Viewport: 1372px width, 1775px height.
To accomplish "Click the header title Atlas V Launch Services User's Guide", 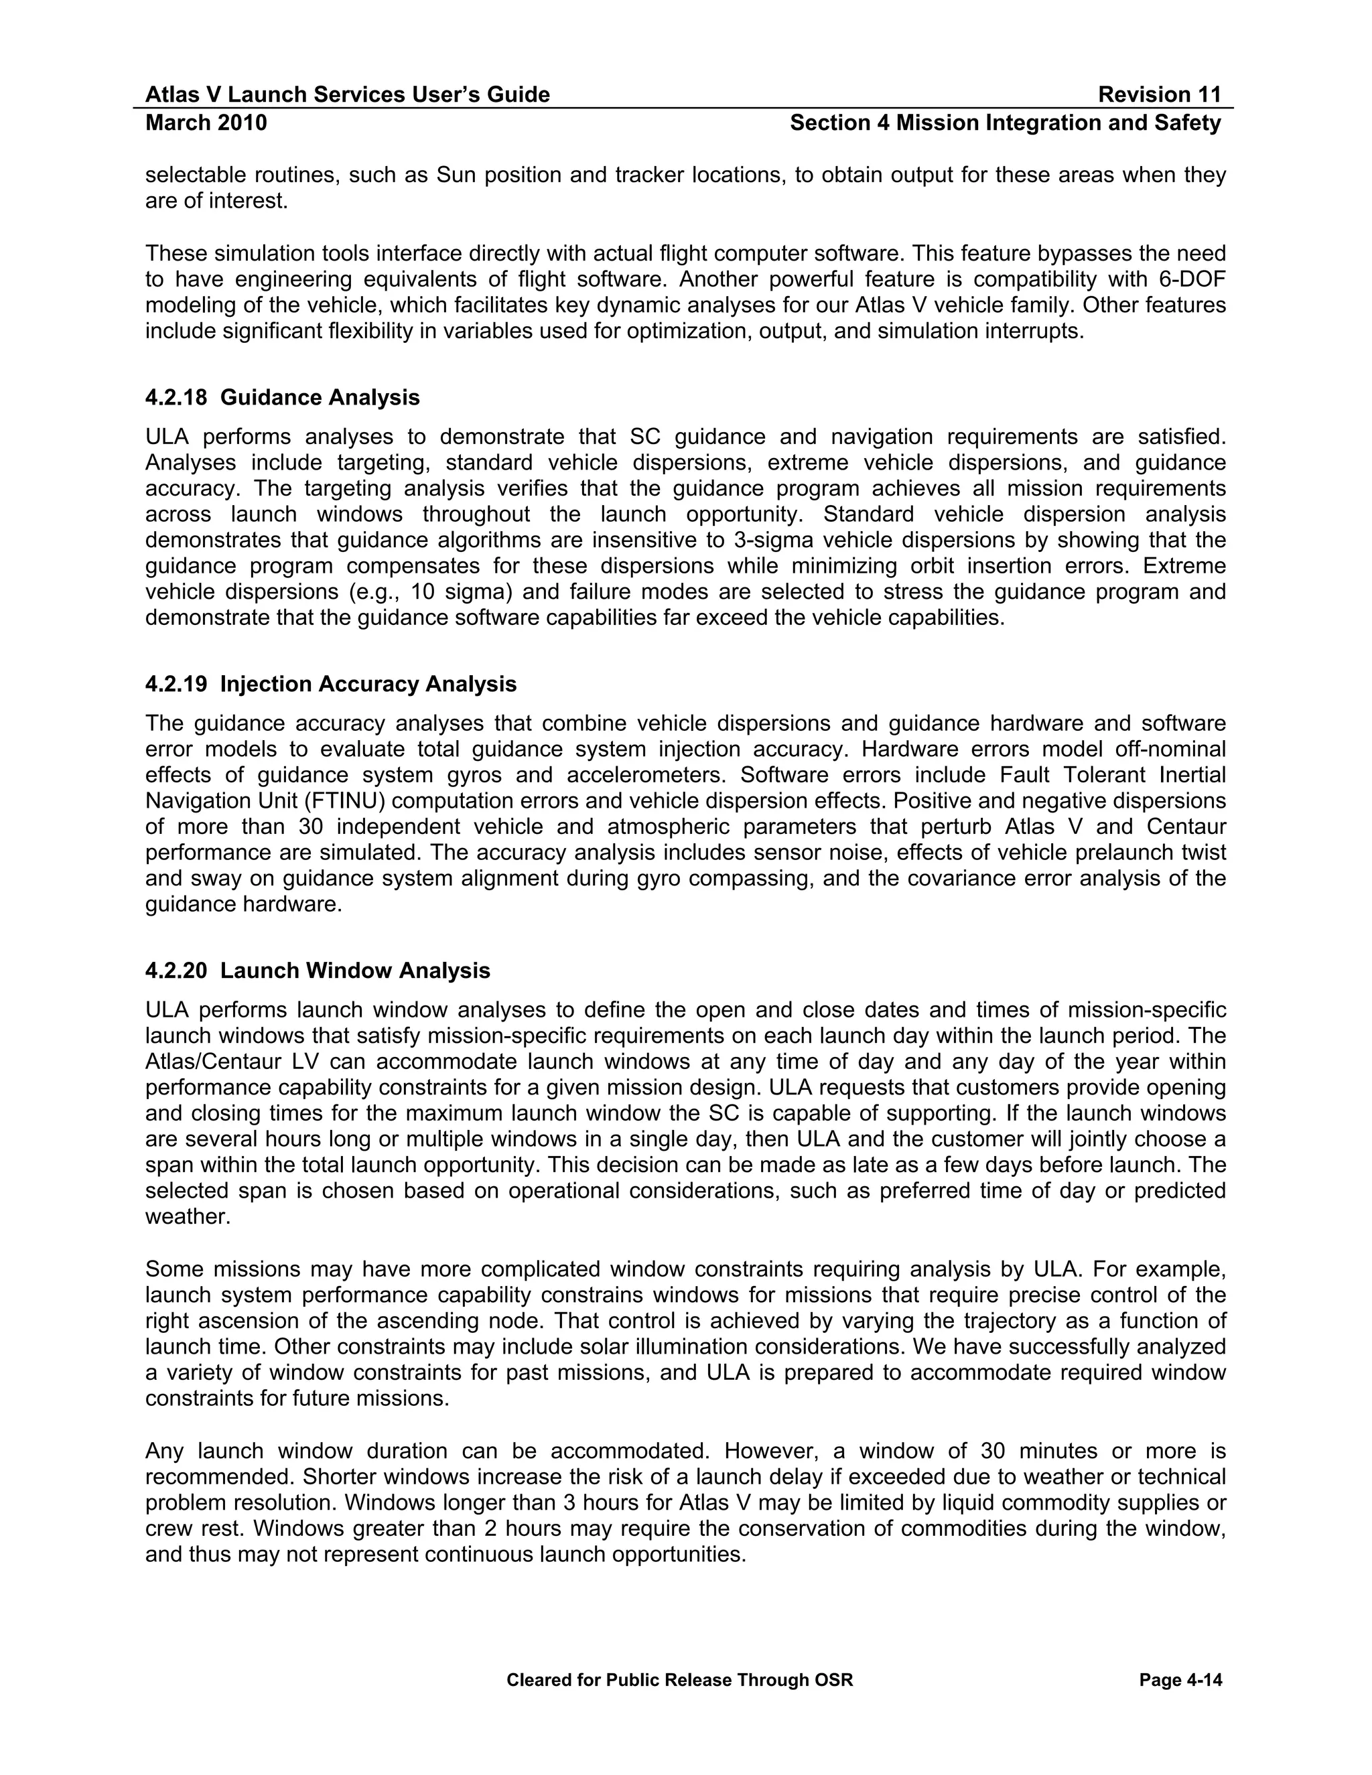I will [x=347, y=95].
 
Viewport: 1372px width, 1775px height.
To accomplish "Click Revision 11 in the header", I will [x=1159, y=95].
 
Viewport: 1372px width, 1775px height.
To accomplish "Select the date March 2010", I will [x=206, y=123].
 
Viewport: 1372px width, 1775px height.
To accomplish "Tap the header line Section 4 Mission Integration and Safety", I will [x=1006, y=123].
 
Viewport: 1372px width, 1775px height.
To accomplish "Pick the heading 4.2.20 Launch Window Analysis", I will [x=318, y=971].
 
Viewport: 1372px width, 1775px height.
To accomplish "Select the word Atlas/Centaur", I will [x=214, y=1062].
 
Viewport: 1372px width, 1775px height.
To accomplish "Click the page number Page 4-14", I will [x=1180, y=1680].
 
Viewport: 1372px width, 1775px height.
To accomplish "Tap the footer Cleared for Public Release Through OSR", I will [x=679, y=1680].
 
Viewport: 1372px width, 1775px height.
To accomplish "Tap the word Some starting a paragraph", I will [x=172, y=1269].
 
